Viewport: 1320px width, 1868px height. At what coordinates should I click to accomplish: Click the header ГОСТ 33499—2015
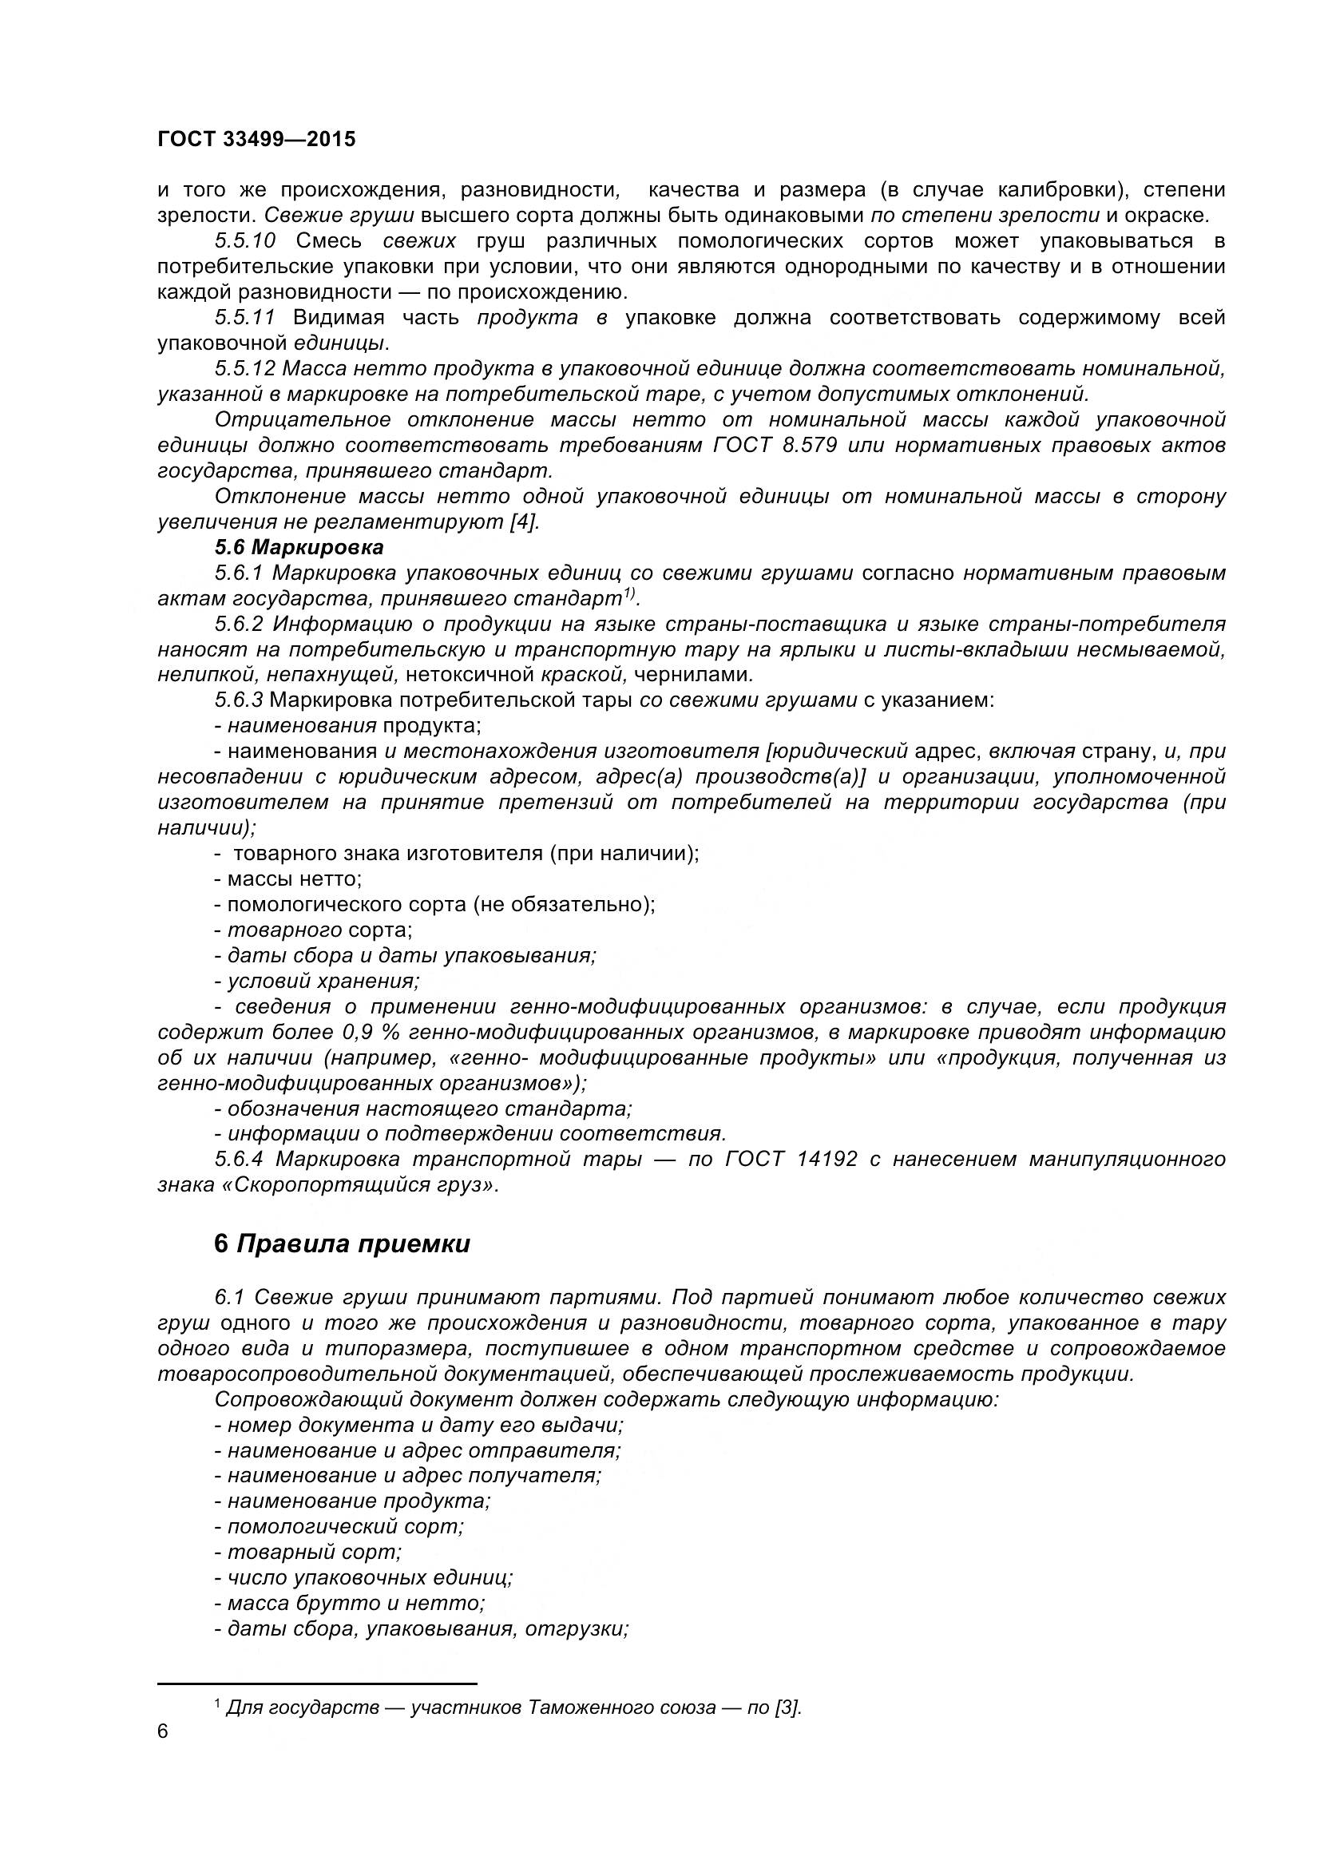coord(256,139)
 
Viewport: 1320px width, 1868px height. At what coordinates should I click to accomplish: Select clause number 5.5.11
coord(244,317)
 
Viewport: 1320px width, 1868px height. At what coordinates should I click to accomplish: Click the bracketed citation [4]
coord(525,522)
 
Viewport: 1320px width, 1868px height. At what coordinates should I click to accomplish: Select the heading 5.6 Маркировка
coord(299,547)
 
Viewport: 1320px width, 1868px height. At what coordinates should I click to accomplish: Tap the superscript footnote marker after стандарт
coord(629,595)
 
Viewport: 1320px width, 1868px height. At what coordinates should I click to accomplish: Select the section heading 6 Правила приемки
coord(342,1244)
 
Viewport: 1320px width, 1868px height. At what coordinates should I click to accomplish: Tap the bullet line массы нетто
coord(289,878)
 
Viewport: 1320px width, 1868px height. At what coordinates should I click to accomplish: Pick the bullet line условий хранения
coord(317,982)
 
